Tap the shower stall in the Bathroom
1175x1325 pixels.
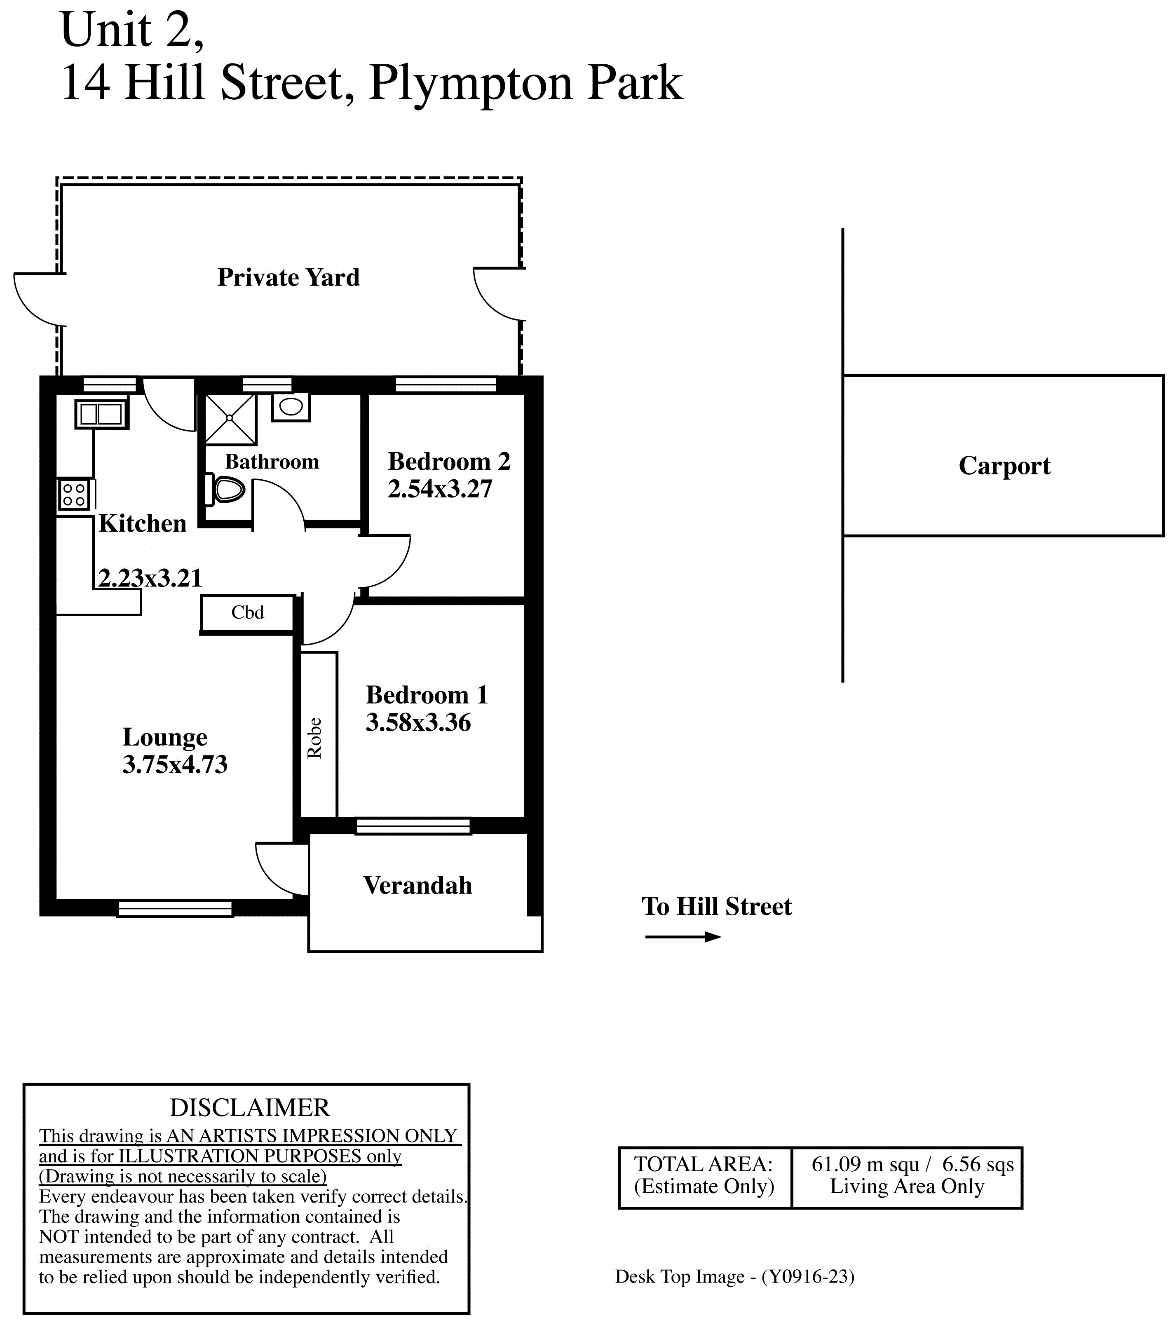coord(230,419)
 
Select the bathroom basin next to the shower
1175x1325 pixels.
coord(291,406)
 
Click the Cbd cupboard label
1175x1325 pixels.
coord(248,612)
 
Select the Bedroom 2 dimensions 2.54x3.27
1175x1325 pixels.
coord(440,490)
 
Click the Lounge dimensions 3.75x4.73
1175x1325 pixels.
coord(175,765)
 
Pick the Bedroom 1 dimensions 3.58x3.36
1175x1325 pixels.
coord(418,723)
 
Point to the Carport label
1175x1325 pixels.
coord(1004,467)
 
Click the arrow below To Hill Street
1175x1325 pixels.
coord(683,937)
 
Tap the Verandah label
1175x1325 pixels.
coord(418,886)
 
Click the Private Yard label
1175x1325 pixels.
coord(288,277)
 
